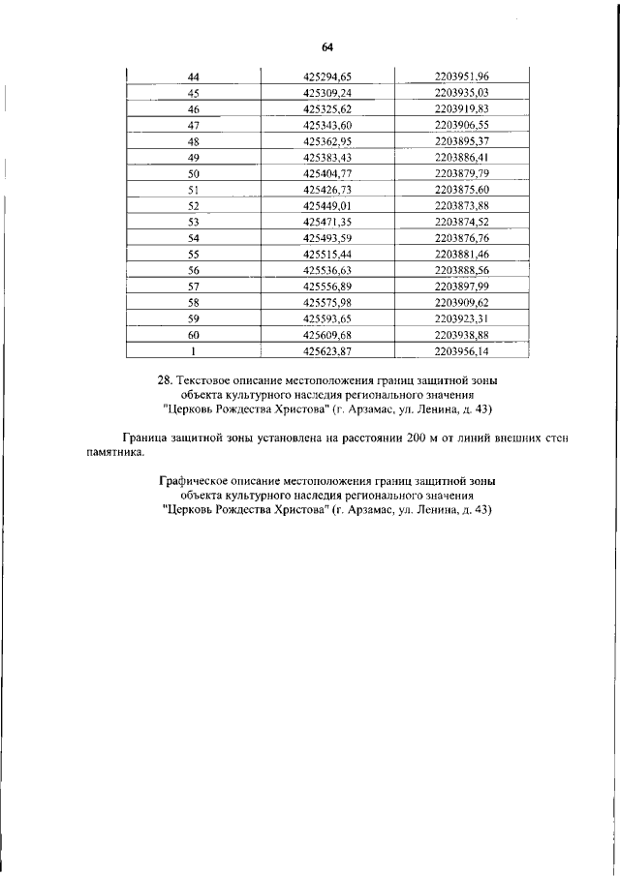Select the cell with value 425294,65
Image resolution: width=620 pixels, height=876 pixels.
click(327, 76)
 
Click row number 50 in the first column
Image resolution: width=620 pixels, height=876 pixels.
click(193, 173)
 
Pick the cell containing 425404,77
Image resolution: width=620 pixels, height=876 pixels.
click(327, 173)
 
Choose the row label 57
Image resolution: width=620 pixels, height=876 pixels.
click(193, 287)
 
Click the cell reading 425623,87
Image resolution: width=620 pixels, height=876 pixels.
click(327, 351)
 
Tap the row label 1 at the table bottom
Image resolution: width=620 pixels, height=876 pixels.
click(193, 351)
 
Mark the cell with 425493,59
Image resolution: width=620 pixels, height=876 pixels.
click(327, 238)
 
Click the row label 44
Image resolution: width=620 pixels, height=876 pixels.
click(193, 76)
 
